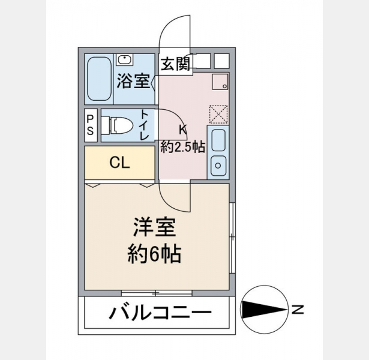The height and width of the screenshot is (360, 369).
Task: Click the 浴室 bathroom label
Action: [133, 81]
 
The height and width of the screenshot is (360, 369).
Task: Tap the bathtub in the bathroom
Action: [99, 79]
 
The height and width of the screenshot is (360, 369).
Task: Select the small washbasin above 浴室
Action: [124, 59]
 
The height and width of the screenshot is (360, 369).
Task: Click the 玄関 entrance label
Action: [175, 64]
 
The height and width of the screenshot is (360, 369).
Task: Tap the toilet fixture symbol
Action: [118, 125]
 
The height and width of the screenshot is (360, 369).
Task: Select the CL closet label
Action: [120, 163]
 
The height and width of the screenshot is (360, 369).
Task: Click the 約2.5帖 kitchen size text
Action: [182, 148]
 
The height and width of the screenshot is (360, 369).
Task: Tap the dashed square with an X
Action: [218, 115]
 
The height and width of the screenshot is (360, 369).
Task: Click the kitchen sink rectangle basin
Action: [218, 140]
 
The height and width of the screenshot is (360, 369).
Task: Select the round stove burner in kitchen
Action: [218, 166]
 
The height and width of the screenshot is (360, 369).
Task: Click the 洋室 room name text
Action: [154, 227]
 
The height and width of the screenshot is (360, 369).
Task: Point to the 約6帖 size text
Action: [154, 254]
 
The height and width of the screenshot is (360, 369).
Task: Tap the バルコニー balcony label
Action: [161, 313]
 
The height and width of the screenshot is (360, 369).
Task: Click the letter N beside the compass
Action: [298, 310]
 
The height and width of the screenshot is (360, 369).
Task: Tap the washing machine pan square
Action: [220, 82]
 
